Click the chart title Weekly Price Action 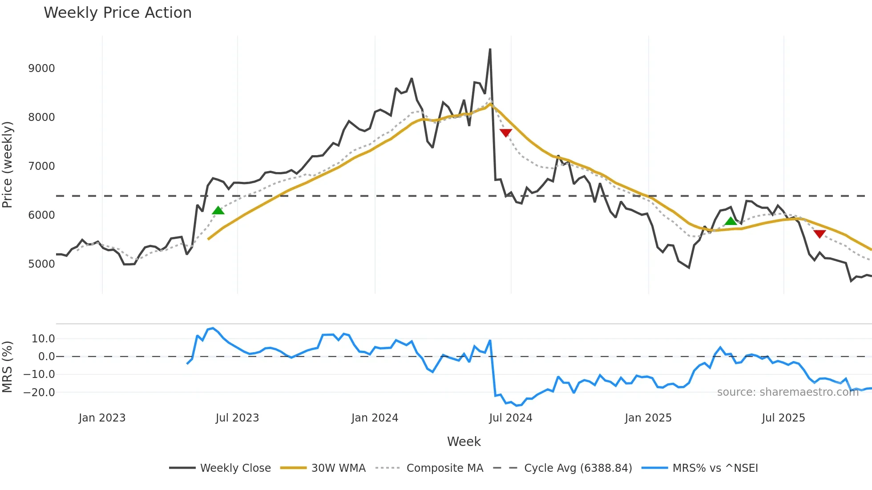tap(117, 13)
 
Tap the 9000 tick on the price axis tap(41, 68)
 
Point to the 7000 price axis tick tap(41, 166)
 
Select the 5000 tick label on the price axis tap(41, 264)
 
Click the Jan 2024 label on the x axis tap(375, 418)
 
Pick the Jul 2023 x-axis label tap(237, 418)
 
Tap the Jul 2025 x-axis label tap(783, 418)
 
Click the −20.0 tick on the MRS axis tap(39, 393)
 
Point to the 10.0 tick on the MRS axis tap(43, 339)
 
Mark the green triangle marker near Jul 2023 tap(218, 211)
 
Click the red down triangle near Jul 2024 tap(506, 133)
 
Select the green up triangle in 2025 tap(731, 221)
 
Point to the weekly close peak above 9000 tap(490, 50)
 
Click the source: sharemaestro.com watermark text tap(787, 392)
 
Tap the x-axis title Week tap(464, 442)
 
